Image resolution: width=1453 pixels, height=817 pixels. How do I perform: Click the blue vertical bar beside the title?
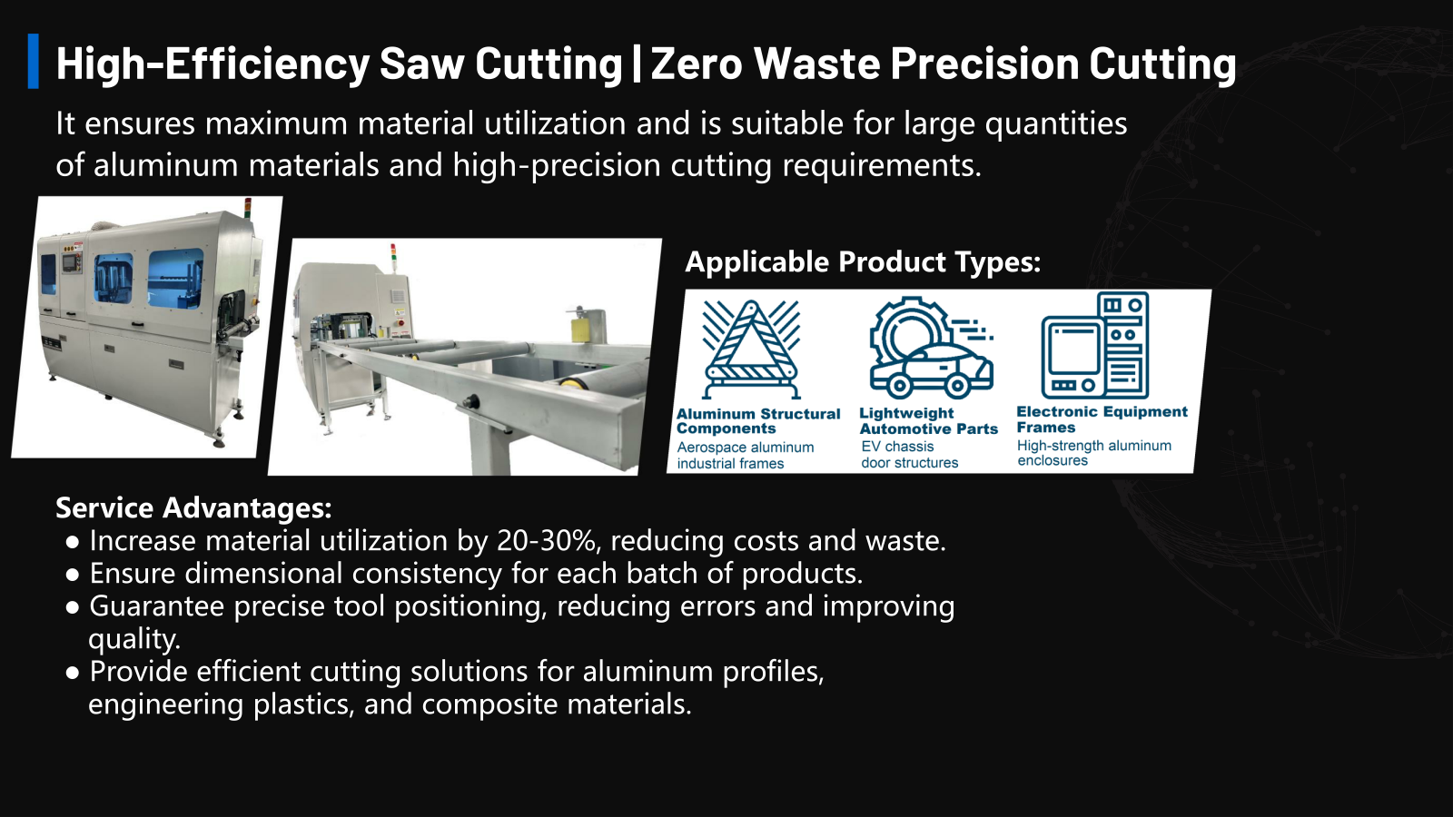coord(33,61)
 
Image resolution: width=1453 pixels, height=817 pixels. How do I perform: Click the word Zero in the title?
coord(697,63)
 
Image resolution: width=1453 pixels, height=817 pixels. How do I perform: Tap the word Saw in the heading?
coord(421,63)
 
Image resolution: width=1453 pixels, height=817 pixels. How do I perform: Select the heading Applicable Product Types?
coord(863,262)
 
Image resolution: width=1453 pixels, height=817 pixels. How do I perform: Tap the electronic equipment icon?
coord(1095,345)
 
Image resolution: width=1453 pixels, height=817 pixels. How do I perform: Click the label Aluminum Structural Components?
coord(757,421)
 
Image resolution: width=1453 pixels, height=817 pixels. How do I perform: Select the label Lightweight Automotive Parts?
coord(928,421)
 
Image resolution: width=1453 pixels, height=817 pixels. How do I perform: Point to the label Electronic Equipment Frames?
coord(1102,419)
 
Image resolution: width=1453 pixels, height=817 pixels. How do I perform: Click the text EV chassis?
coord(898,447)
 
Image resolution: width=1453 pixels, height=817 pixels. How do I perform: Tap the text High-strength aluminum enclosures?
coord(1094,453)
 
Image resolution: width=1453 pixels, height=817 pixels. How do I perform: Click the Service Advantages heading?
coord(193,507)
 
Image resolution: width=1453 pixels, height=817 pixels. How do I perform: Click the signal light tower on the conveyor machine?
coord(392,256)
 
